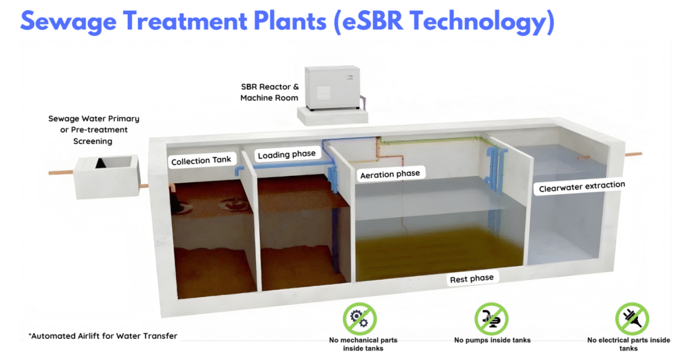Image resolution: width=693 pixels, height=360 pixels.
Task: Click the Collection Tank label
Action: (x=201, y=161)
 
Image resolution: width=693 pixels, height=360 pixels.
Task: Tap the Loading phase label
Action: (x=286, y=154)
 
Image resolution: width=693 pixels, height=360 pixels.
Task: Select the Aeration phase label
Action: (x=390, y=174)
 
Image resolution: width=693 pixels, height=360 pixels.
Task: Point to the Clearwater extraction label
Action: (x=581, y=185)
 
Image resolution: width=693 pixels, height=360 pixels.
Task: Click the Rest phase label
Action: (x=472, y=278)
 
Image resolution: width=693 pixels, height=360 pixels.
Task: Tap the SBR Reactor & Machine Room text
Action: (x=269, y=93)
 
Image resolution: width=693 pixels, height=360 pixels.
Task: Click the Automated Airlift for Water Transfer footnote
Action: (x=103, y=336)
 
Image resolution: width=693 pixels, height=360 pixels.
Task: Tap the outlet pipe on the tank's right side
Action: (x=633, y=154)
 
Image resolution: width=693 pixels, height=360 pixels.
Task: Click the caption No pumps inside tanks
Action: (x=492, y=340)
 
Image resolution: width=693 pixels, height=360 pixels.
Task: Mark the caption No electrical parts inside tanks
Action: (x=629, y=344)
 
